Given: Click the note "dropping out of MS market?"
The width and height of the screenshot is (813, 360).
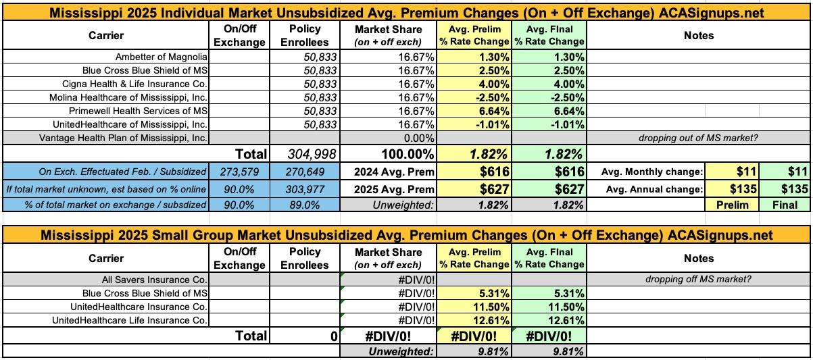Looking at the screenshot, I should point(698,137).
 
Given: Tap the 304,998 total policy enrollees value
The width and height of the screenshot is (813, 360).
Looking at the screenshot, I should point(311,155).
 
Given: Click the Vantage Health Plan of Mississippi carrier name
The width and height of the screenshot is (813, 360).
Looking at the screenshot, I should point(149,137).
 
